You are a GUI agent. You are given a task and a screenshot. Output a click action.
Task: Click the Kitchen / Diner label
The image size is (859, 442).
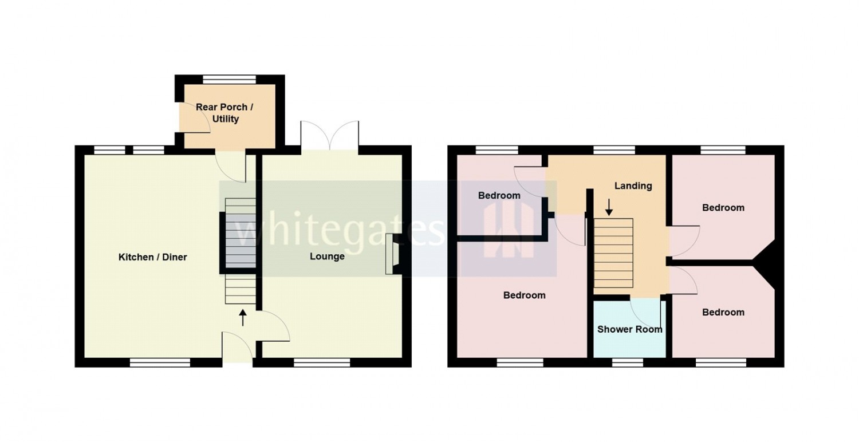click(153, 257)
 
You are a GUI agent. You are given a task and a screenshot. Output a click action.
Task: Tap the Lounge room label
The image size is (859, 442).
click(327, 256)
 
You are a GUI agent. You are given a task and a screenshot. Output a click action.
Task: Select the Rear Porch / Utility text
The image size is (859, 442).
click(224, 113)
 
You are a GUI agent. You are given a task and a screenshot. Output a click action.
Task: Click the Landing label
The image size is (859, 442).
click(633, 186)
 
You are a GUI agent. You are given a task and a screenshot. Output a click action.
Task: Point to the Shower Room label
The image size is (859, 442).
click(630, 329)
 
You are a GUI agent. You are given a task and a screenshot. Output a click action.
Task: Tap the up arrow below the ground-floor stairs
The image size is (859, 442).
click(242, 317)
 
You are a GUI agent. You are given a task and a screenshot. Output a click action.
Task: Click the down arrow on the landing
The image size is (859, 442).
click(609, 207)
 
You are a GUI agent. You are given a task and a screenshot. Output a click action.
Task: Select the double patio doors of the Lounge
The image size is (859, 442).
click(330, 136)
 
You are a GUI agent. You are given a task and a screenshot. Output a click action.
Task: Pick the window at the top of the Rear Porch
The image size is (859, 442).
click(229, 80)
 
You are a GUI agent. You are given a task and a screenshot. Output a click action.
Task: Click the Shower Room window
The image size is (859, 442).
click(628, 362)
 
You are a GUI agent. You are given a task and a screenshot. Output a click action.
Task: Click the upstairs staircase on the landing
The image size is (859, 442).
click(613, 253)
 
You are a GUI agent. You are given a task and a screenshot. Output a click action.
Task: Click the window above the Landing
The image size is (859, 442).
click(614, 150)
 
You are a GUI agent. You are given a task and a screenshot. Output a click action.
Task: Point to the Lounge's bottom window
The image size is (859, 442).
click(322, 362)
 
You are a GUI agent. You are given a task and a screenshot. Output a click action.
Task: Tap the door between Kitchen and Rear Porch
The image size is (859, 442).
click(230, 166)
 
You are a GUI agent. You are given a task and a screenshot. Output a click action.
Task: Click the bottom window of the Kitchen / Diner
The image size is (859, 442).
click(160, 362)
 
